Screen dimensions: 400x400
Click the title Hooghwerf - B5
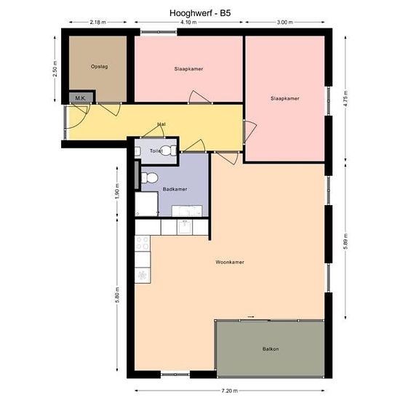200,13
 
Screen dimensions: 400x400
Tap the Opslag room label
99,67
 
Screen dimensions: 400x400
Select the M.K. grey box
81,97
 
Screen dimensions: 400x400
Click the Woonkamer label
230,262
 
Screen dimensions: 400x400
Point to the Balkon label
271,348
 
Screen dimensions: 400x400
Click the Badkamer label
175,189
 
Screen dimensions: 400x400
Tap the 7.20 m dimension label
229,391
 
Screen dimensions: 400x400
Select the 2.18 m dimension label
97,23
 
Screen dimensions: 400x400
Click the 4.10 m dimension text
188,23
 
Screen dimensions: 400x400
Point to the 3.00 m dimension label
284,23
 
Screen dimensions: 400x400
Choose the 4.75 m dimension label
345,98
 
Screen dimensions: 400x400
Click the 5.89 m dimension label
345,241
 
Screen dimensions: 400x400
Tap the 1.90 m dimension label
117,191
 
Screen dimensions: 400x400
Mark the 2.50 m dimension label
55,69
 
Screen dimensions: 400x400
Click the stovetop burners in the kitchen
143,243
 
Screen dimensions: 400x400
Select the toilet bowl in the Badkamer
150,177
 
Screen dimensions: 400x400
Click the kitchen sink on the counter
185,227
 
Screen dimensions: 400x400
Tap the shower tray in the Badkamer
146,204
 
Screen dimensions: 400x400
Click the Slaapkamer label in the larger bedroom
284,98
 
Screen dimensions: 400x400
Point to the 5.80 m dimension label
117,295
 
